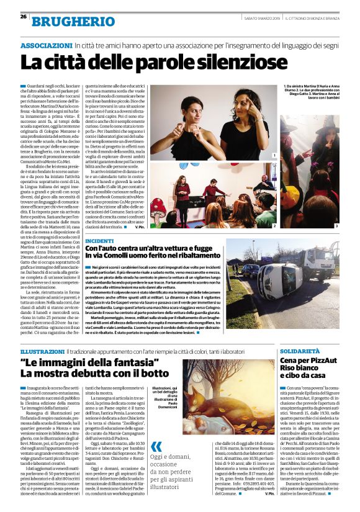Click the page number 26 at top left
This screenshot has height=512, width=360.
coord(23,16)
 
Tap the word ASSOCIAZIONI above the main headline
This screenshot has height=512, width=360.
coord(47,46)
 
